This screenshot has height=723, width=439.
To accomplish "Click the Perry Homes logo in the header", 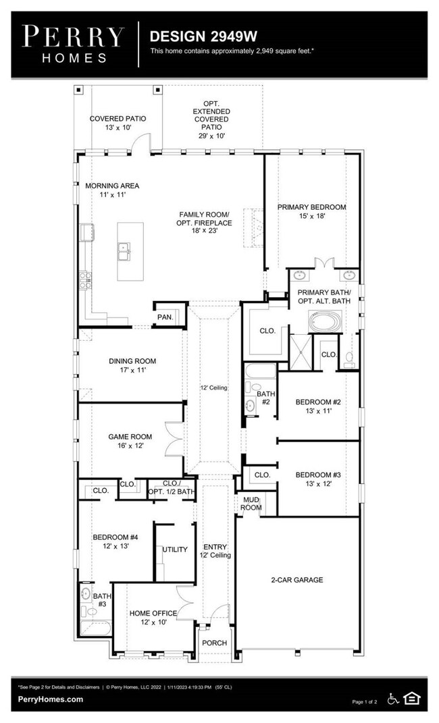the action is click(74, 44).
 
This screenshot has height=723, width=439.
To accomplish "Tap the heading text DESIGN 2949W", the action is click(203, 36).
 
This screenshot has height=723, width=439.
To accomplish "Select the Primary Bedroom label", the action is click(312, 207).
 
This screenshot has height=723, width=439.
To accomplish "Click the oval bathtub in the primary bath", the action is click(325, 321).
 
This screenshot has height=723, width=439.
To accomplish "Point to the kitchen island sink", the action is click(124, 251).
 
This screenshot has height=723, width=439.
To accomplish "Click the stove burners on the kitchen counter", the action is click(85, 280).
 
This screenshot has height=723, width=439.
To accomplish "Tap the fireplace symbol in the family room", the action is click(253, 229).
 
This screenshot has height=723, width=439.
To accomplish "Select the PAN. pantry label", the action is click(165, 317).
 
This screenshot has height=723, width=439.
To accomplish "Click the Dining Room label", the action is click(132, 361).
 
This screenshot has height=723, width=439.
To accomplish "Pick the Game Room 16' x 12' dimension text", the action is click(130, 446).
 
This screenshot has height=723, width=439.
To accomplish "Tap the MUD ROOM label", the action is click(251, 504).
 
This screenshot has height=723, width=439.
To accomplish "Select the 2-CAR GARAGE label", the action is click(297, 580).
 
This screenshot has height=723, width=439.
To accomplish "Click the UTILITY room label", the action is click(175, 549).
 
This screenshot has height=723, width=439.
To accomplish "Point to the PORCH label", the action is click(214, 643).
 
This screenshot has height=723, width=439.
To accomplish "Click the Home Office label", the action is click(153, 613).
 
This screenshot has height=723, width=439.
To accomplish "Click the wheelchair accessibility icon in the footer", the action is click(393, 699).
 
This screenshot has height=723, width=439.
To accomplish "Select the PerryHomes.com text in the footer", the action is click(51, 699).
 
